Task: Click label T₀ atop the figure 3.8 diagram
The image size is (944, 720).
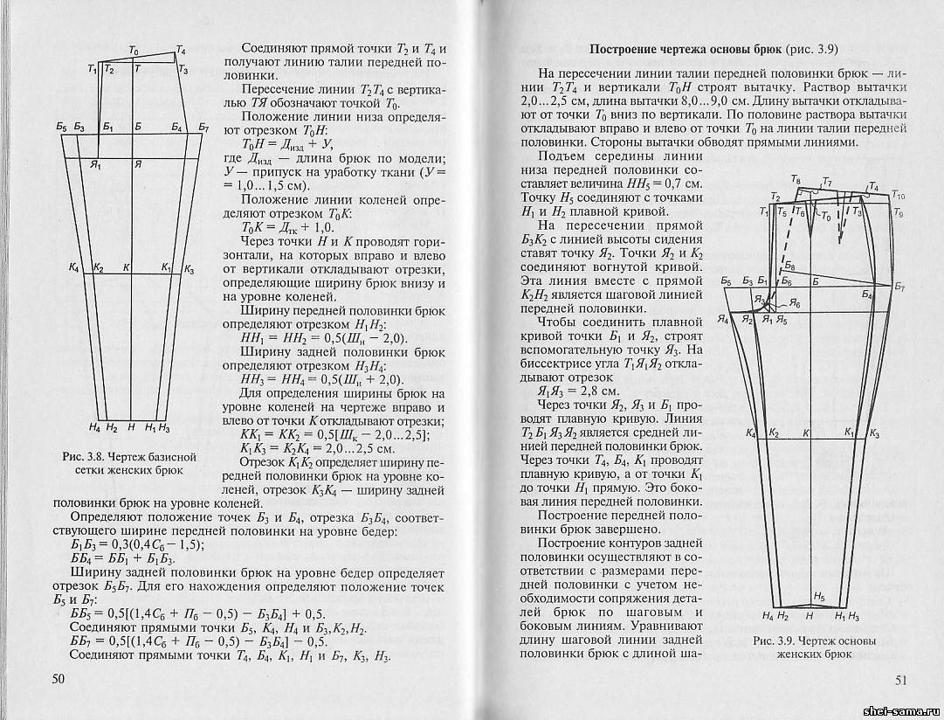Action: click(x=133, y=52)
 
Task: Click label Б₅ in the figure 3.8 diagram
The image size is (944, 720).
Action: click(x=61, y=128)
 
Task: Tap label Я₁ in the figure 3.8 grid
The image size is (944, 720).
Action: click(x=96, y=163)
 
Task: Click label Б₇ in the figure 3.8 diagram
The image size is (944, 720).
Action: click(x=203, y=128)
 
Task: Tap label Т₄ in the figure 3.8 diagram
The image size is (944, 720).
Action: click(x=180, y=50)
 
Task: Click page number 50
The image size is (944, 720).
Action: click(x=59, y=679)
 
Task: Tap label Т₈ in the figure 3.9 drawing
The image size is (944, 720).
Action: click(x=795, y=180)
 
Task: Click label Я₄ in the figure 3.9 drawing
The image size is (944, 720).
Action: click(x=724, y=321)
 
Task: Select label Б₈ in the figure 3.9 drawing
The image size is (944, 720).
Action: click(x=789, y=265)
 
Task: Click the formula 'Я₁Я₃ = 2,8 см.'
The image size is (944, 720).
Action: click(x=577, y=390)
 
